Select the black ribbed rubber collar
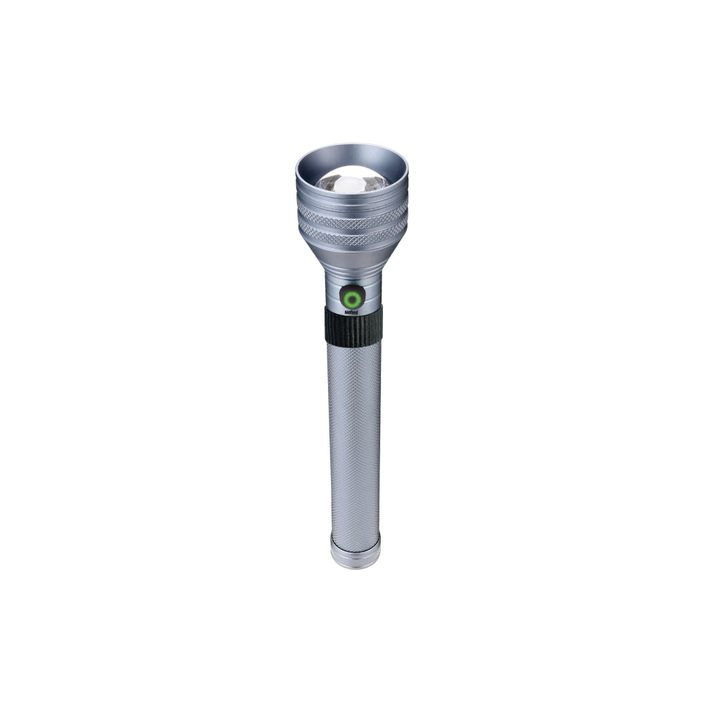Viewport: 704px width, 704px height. (353, 326)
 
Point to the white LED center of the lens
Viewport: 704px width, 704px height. (350, 184)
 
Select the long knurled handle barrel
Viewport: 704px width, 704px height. (354, 436)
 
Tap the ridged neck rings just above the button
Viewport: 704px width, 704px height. (352, 277)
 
